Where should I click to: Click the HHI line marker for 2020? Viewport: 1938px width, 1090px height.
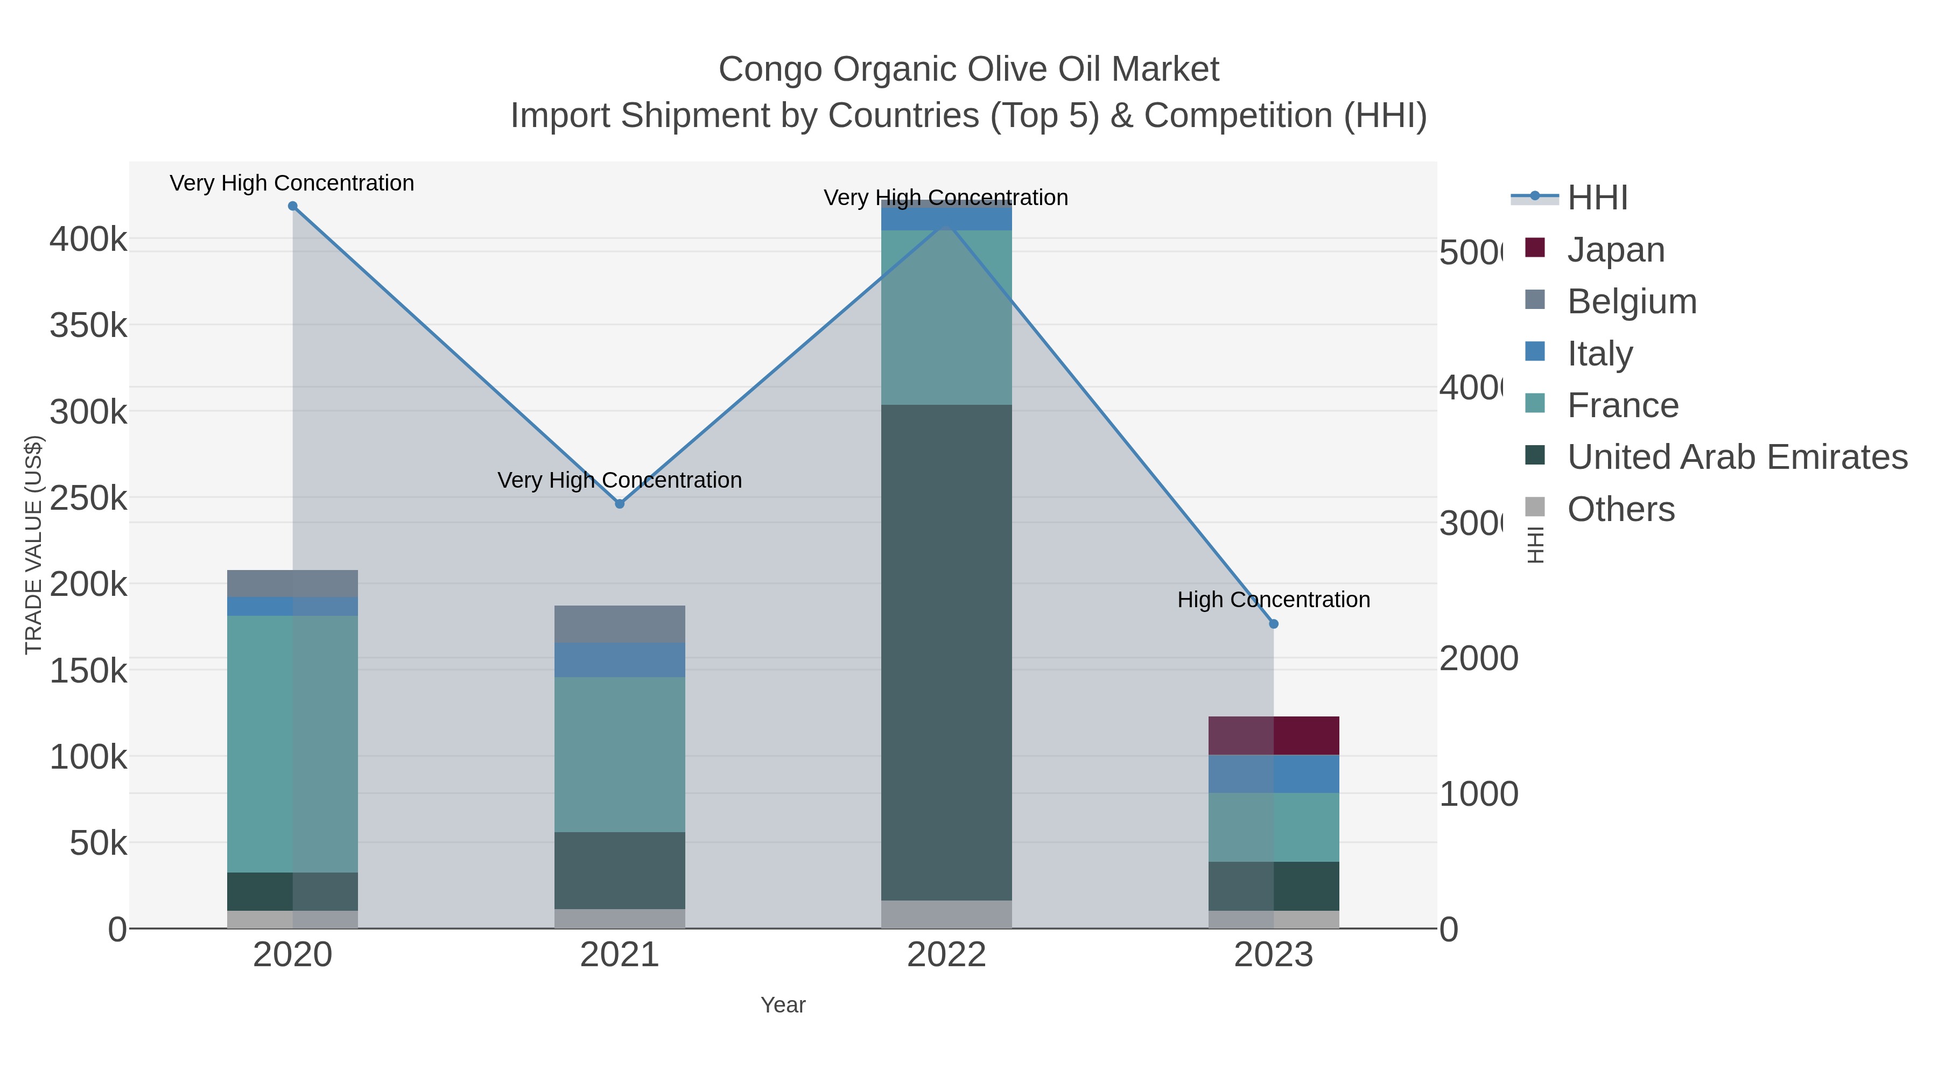point(293,206)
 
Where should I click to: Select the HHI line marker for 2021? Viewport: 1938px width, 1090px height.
point(620,504)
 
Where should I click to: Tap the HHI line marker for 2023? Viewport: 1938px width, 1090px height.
point(1274,624)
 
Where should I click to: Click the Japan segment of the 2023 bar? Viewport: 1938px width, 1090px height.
point(1274,736)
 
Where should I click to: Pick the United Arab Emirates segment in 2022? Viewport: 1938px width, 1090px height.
point(946,652)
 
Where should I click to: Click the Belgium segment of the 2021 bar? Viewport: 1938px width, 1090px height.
point(620,624)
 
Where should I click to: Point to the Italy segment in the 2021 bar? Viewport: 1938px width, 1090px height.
point(620,660)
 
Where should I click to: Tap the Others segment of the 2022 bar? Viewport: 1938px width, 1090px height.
point(946,914)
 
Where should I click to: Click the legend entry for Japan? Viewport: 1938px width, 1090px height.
point(1615,250)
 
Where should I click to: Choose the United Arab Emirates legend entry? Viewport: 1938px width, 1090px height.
point(1736,456)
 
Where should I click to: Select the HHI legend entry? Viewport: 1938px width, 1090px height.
point(1597,198)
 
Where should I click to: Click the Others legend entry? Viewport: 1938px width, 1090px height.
point(1620,509)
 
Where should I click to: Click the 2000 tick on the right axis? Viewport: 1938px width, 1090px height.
point(1478,659)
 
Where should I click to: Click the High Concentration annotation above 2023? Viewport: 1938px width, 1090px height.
point(1274,600)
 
